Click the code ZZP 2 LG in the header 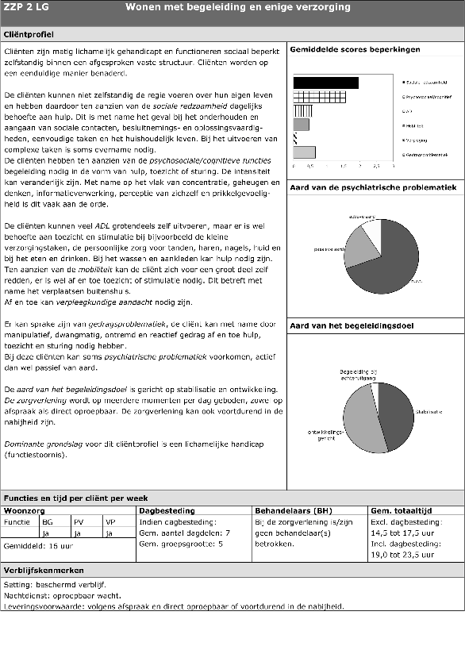pos(27,8)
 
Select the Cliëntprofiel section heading pos(29,36)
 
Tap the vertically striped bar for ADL pos(302,110)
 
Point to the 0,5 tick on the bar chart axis pos(310,167)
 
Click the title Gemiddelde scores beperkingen pos(355,50)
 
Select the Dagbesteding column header pos(165,510)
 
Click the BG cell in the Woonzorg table pos(48,522)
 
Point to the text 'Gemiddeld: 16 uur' pos(34,547)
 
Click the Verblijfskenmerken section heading pos(44,571)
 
